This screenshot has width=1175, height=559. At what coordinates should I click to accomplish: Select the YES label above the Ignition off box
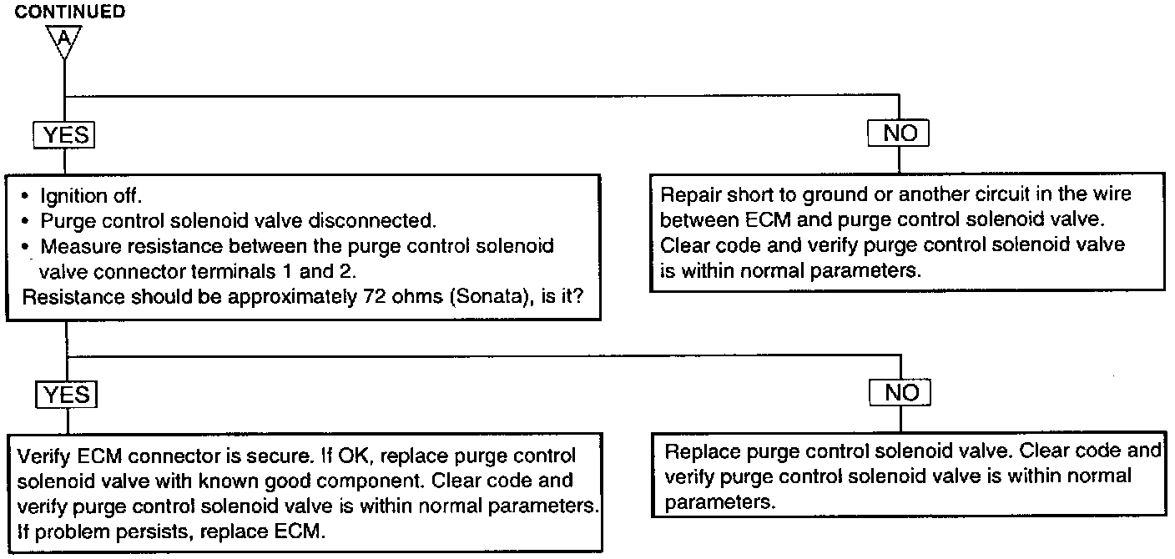coord(64,135)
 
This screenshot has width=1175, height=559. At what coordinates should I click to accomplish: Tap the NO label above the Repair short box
coord(899,133)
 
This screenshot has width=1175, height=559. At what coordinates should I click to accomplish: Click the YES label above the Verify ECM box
coord(65,393)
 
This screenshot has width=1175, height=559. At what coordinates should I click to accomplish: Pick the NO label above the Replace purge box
coord(900,392)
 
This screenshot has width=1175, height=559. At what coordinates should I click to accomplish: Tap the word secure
coord(275,456)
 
